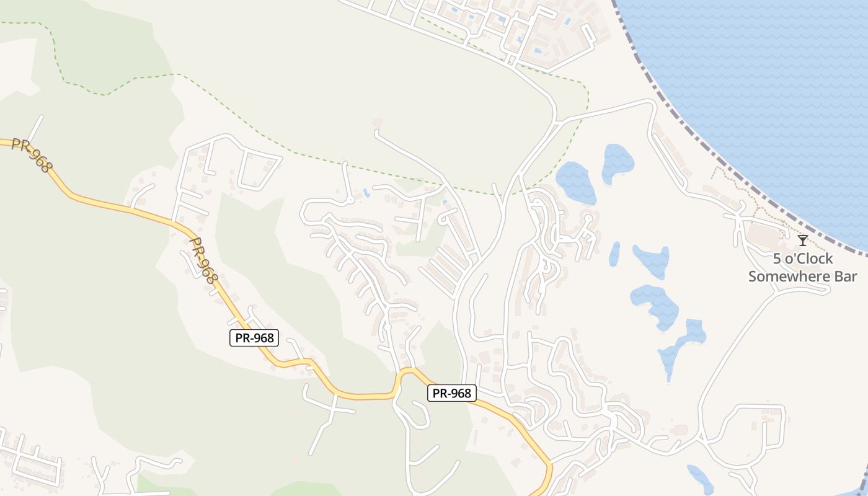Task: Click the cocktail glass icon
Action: (x=803, y=240)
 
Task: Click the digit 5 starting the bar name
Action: (x=777, y=259)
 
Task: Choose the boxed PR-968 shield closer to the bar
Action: (x=451, y=393)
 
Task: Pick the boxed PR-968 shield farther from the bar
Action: (x=254, y=338)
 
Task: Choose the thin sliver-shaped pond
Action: (x=614, y=254)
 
